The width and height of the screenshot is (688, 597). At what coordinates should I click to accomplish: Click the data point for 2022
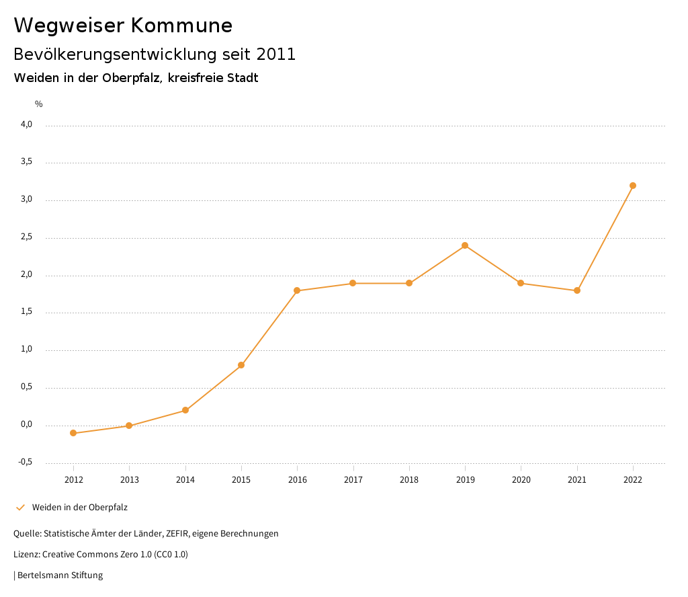633,186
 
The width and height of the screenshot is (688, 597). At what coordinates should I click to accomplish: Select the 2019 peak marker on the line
465,245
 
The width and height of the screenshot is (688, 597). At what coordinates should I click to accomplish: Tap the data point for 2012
73,433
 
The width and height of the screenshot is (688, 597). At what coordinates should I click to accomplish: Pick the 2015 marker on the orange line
241,365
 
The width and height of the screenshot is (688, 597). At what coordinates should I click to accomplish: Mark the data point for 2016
297,290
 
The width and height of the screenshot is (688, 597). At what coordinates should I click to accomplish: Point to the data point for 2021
577,290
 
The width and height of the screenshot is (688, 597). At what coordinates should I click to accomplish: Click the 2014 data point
185,410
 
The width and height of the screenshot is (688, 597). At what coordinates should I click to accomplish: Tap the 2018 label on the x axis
409,480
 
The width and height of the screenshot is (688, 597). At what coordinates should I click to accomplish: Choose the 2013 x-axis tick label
130,480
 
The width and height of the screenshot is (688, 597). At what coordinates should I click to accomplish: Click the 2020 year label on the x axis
521,480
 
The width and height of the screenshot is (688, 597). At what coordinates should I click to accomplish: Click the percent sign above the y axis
39,104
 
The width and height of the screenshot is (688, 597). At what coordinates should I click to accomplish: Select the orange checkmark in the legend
20,508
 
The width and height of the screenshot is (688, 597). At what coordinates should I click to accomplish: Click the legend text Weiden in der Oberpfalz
80,508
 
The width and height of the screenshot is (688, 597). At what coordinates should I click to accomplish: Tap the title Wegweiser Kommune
123,26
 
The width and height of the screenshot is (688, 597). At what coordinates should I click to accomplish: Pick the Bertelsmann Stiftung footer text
60,575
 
